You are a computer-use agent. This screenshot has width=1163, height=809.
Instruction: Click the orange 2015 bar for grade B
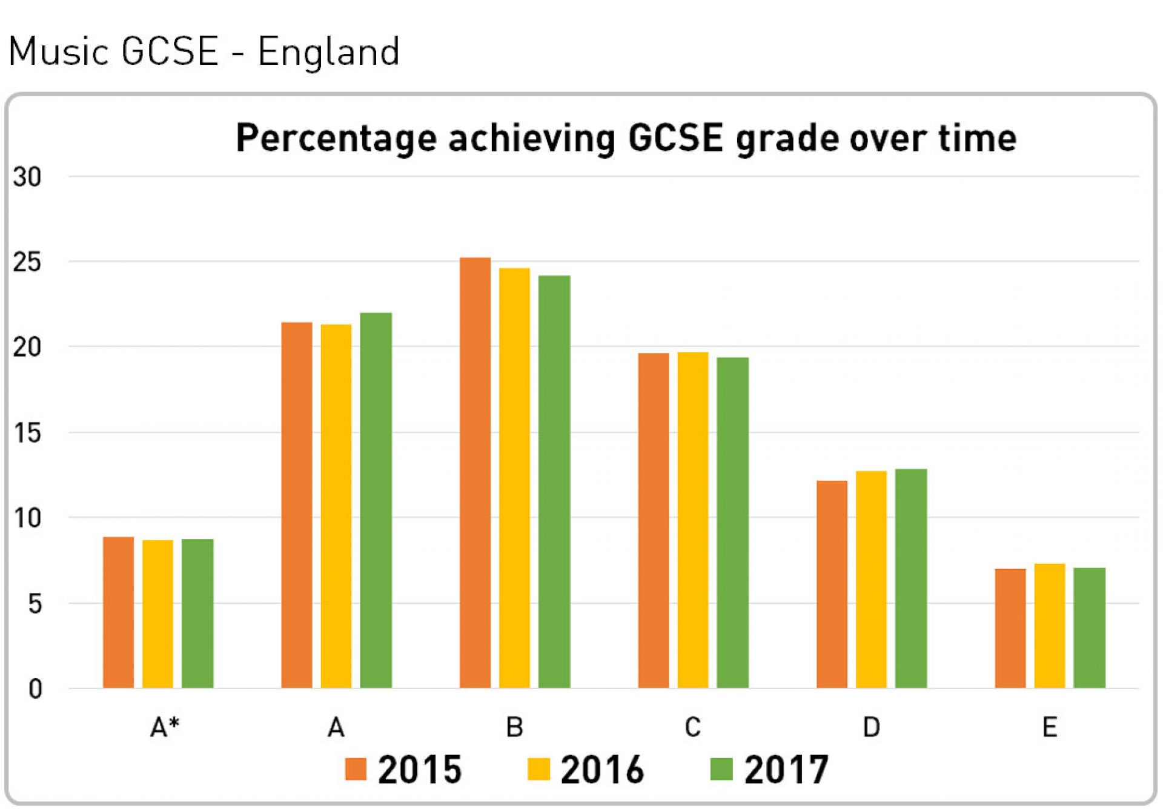475,472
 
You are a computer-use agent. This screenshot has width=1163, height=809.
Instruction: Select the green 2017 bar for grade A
376,500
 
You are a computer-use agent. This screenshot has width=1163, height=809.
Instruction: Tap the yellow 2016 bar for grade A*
157,613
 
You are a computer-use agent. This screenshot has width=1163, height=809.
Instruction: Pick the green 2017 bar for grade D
911,578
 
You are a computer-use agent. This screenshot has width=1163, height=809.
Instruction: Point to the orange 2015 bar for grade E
1010,628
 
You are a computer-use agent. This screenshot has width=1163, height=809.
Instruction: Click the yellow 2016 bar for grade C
693,520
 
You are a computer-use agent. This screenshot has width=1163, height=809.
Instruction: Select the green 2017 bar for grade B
554,481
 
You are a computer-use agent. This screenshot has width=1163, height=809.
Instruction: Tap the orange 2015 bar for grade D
832,584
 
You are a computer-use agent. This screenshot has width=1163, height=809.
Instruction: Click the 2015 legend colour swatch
356,769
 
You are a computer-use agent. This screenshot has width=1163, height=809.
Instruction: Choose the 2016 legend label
602,770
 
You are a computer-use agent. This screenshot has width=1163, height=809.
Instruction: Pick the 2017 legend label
786,770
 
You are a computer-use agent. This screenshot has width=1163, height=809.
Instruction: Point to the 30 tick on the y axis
27,177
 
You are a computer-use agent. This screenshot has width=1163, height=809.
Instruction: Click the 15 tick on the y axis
27,433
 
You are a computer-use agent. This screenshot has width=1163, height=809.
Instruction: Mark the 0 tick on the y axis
35,689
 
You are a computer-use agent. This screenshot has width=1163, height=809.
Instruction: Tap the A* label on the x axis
165,727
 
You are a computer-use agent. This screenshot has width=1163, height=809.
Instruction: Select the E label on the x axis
1050,727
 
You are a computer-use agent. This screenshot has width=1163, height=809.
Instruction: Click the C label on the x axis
693,727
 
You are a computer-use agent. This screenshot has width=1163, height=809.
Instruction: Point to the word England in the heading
329,51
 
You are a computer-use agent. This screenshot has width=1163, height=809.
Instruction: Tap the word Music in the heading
59,51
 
